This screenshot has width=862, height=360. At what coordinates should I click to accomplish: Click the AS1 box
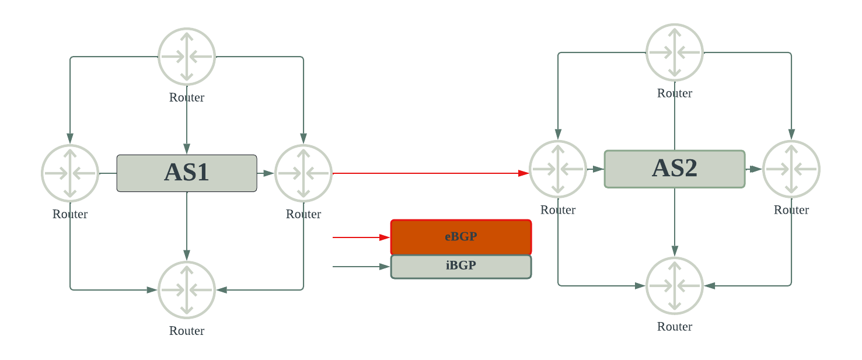pos(187,173)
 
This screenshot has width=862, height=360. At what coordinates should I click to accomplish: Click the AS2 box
pos(675,169)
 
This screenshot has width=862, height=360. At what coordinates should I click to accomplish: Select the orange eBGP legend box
pos(461,237)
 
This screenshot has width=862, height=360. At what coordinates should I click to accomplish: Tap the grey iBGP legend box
pos(461,267)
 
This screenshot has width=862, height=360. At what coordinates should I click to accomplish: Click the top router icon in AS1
pos(187,57)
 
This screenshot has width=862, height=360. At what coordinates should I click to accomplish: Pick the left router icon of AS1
pos(70,173)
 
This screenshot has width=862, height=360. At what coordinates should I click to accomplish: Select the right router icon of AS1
pos(303,173)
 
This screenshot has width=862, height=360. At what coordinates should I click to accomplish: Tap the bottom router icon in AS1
pos(187,290)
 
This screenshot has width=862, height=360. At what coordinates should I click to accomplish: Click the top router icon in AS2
pos(675,53)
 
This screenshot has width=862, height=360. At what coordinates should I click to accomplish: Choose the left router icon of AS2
pos(558,169)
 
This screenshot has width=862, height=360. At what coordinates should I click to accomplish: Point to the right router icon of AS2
pos(791,169)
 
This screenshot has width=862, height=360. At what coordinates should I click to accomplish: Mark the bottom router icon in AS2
pos(675,286)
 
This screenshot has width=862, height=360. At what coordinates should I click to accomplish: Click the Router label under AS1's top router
pos(187,97)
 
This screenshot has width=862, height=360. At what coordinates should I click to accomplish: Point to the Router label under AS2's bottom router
pos(675,327)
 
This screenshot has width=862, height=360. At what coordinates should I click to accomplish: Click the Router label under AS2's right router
pos(791,210)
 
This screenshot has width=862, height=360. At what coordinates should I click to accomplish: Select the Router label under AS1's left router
pos(70,214)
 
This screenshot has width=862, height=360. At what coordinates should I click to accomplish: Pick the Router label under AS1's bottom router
pos(187,331)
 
